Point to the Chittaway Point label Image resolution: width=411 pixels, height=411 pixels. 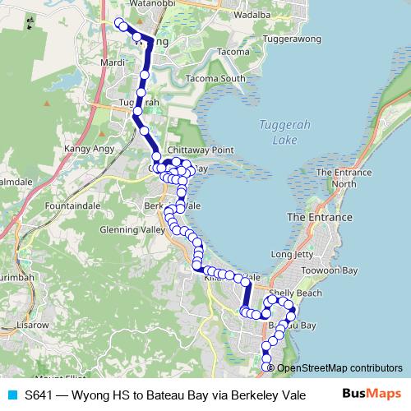[201, 151]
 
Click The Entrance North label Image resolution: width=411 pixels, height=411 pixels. [345, 178]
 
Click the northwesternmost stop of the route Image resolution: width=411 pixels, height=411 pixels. [118, 22]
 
